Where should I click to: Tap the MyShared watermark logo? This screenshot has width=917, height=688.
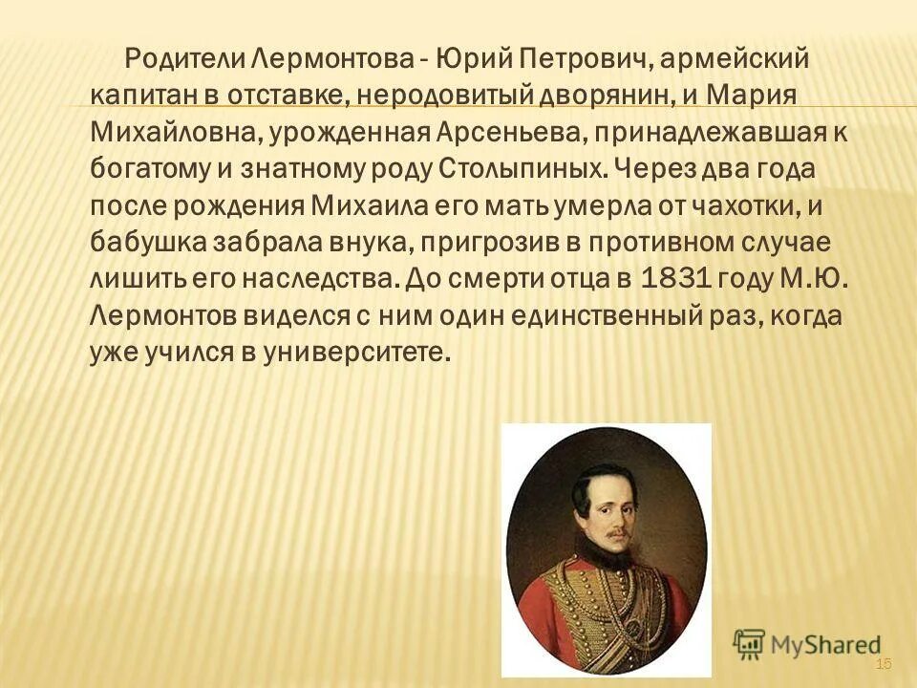tap(806, 643)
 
